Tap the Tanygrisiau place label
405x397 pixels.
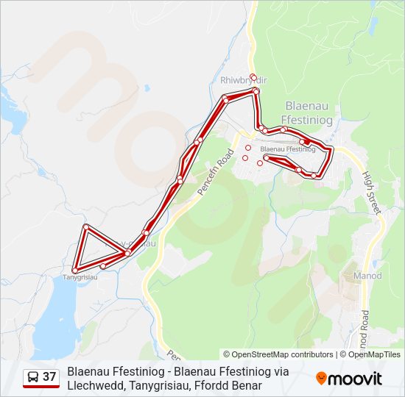click(x=80, y=277)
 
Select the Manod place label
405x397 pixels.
click(x=367, y=275)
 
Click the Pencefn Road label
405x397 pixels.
click(x=215, y=173)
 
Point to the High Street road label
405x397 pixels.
click(x=371, y=193)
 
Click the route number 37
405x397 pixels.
click(x=49, y=377)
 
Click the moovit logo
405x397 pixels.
click(x=349, y=379)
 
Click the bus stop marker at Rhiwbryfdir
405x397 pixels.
click(x=253, y=77)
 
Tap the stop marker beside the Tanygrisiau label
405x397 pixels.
click(x=74, y=271)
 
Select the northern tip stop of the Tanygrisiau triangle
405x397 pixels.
click(x=86, y=226)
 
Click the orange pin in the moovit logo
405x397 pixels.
click(x=321, y=379)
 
